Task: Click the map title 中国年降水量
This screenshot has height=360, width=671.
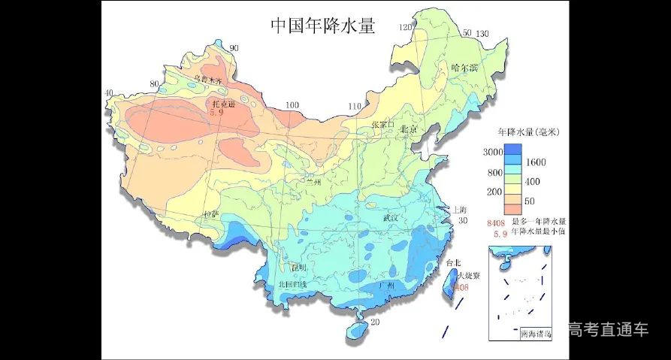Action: click(x=322, y=25)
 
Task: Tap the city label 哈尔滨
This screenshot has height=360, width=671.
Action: click(x=464, y=68)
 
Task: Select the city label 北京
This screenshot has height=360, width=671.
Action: click(x=408, y=129)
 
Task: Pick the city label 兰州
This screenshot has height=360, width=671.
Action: click(x=313, y=181)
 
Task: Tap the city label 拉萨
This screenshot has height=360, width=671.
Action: click(x=211, y=214)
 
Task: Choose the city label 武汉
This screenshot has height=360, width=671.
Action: click(x=392, y=217)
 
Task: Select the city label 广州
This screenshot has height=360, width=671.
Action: click(x=387, y=286)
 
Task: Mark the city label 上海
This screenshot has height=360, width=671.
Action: click(x=460, y=210)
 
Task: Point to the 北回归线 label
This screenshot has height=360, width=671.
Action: click(x=292, y=284)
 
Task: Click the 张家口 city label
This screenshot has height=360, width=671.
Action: click(x=382, y=124)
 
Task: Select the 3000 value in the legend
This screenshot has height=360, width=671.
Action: click(x=492, y=151)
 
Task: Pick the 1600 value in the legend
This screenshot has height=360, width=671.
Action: click(x=534, y=162)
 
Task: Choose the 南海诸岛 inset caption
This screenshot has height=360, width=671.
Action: click(x=534, y=333)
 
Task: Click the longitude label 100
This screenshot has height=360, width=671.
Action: click(x=292, y=105)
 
